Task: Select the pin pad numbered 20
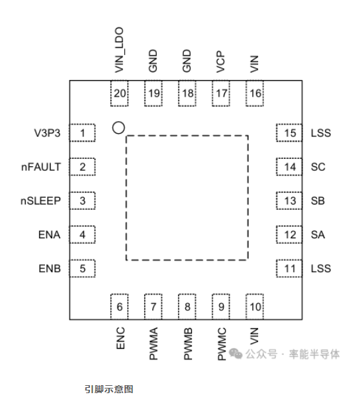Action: point(119,93)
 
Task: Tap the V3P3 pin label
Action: point(47,133)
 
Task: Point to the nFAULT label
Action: point(41,167)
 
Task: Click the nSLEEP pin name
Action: point(40,201)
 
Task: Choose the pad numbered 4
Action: point(83,234)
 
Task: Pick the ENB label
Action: point(50,269)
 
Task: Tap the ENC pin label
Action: point(120,338)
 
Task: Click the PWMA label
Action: point(154,344)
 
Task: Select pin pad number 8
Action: point(187,307)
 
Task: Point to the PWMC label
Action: point(222,344)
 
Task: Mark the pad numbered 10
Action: point(255,307)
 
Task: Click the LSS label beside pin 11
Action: point(321,269)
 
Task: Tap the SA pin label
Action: point(318,235)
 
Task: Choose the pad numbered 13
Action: point(289,201)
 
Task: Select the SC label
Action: point(318,167)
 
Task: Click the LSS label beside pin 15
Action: point(321,133)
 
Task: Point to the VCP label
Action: point(220,62)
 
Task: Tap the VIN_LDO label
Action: point(119,50)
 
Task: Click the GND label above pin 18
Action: point(187,61)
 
